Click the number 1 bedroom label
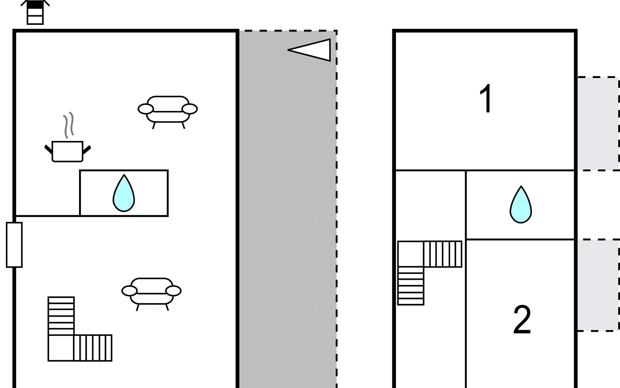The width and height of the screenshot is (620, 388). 486,99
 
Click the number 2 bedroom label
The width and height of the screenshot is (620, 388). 522,320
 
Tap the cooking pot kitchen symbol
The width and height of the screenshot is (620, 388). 67,151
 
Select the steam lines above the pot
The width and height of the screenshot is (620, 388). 68,124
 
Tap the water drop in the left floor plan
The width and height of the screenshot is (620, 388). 124,193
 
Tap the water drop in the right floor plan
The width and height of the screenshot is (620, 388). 521,205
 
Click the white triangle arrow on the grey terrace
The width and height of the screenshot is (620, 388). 309,50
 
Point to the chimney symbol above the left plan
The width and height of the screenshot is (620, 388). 35,12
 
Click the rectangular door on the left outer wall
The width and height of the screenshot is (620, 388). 14,245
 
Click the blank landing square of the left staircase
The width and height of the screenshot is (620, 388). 61,348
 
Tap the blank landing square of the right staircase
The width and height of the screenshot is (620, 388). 410,254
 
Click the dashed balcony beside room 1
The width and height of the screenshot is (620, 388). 598,124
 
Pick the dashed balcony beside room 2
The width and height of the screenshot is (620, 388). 598,285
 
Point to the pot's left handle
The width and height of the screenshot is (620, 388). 49,149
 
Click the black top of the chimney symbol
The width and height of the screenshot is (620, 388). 35,5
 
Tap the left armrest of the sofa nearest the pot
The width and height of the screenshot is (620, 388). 146,109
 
